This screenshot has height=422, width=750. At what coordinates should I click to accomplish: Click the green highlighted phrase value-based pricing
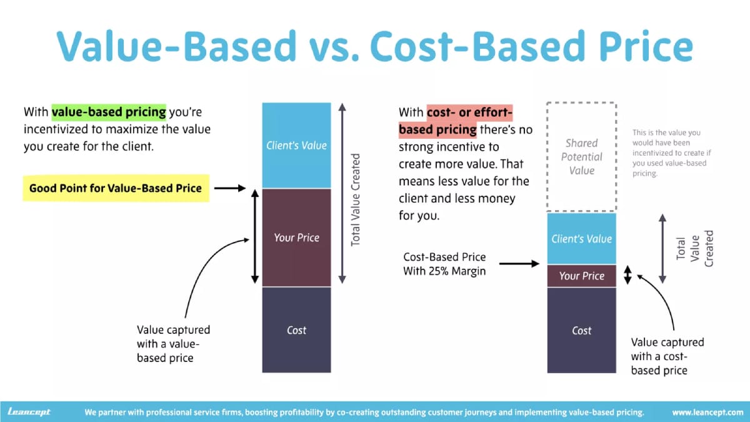[109, 113]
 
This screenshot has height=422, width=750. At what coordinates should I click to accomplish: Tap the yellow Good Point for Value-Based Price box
[116, 188]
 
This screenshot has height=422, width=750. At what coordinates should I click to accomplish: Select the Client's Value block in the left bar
[296, 146]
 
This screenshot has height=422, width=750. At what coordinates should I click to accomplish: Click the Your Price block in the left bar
[296, 238]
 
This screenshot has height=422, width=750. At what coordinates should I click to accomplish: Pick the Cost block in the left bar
[296, 330]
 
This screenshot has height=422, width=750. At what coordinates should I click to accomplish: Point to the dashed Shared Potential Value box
[581, 157]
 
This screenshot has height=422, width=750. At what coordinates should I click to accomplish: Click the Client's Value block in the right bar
[581, 239]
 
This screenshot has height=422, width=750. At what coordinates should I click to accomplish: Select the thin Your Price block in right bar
[581, 276]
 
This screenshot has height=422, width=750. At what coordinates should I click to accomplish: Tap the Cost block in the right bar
[581, 330]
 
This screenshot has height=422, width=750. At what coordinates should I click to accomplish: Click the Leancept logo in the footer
[29, 412]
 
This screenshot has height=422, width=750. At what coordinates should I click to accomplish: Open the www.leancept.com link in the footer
[707, 413]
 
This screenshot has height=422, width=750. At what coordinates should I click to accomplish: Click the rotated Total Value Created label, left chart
[356, 199]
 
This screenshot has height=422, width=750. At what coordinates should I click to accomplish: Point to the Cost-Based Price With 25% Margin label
[444, 264]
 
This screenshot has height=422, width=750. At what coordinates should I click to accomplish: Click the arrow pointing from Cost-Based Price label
[519, 264]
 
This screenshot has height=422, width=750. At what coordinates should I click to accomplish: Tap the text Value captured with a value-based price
[173, 344]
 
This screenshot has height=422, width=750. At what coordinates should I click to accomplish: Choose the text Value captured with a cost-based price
[667, 356]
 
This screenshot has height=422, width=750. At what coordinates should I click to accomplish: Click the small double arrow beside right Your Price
[629, 276]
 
